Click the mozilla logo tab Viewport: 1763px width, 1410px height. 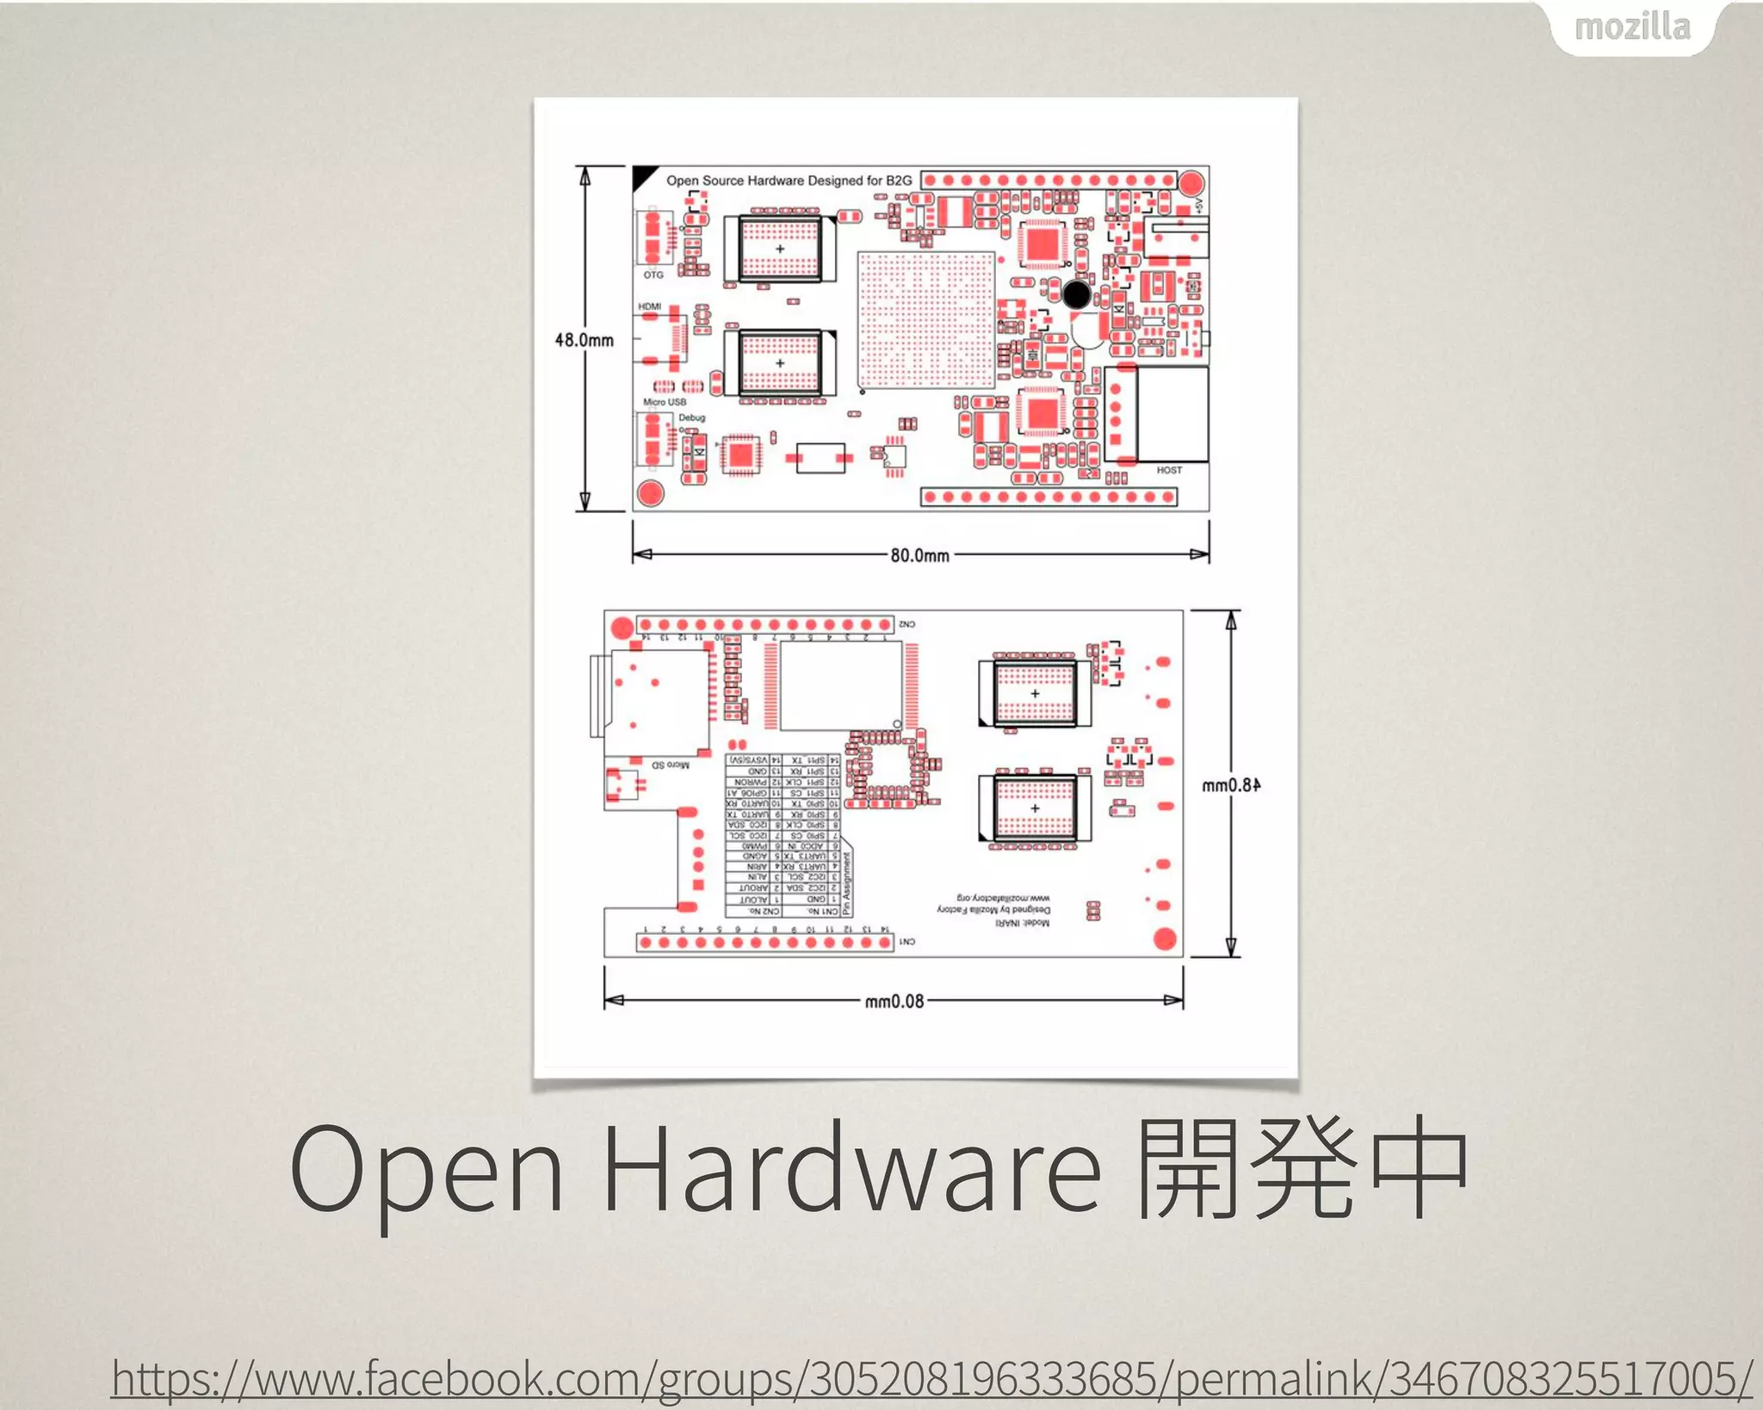(1632, 28)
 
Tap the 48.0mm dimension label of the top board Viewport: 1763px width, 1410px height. (585, 340)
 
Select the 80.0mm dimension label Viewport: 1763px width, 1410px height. (919, 555)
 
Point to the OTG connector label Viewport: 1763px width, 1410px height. (653, 275)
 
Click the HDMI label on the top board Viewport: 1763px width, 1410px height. (650, 306)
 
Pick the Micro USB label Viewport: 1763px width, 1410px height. (664, 402)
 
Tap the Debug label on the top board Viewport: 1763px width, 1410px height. (691, 417)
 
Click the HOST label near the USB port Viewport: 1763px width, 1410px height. (1168, 470)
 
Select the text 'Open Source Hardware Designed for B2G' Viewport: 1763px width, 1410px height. (789, 181)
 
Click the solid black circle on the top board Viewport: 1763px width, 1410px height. (1077, 294)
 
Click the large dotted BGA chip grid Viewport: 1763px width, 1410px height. (926, 320)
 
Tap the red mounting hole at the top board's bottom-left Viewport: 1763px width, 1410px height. (650, 493)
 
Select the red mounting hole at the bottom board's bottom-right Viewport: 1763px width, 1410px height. (1165, 939)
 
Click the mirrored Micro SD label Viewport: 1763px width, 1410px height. (670, 764)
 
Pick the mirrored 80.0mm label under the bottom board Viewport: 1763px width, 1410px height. (894, 1001)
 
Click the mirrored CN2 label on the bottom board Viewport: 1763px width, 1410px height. (906, 624)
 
